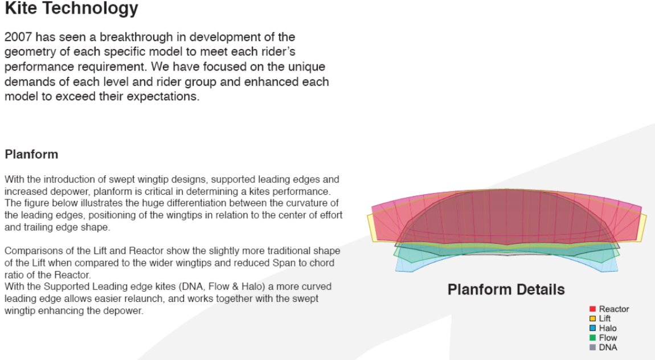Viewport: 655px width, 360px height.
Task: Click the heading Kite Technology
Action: pos(71,9)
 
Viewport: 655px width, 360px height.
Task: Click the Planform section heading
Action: pos(31,154)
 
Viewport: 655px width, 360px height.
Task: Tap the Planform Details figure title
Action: pos(506,289)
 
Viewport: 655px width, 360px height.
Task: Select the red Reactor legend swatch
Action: pos(592,309)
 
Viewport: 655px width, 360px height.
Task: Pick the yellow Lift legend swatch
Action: pos(592,318)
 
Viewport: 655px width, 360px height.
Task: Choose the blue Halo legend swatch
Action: pos(592,328)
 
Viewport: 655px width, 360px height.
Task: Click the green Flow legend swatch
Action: pos(592,338)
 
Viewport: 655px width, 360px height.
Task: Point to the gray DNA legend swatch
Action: pos(592,347)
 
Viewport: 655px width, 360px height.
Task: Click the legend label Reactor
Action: pos(613,309)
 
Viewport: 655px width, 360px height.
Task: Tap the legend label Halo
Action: pos(608,328)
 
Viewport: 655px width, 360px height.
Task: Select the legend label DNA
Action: pos(608,347)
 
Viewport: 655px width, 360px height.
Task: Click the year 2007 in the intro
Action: pos(18,37)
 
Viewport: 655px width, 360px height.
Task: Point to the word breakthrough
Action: pos(136,37)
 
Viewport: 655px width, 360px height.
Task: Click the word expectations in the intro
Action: pos(163,96)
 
